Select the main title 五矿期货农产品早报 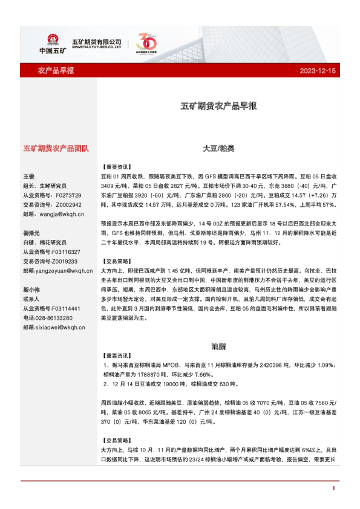click(218, 106)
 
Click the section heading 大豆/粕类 click(218, 148)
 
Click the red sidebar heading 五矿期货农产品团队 click(56, 148)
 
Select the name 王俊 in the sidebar click(30, 177)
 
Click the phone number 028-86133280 click(54, 318)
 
